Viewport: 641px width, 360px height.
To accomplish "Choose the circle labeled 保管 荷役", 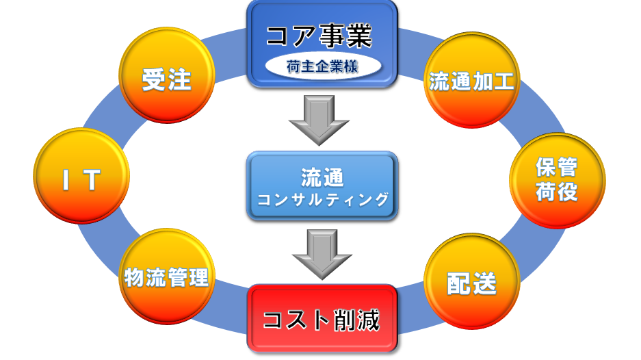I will tap(557, 179).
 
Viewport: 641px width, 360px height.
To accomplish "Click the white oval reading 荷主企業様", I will tap(322, 67).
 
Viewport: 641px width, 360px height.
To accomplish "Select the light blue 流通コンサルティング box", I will tap(322, 186).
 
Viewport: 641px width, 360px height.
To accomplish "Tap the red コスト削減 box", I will tap(322, 319).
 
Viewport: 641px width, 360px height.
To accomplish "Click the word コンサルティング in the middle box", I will tap(322, 199).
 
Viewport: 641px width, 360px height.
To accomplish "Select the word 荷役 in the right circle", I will tap(556, 192).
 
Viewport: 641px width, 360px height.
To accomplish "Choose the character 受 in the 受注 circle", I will tap(153, 81).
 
